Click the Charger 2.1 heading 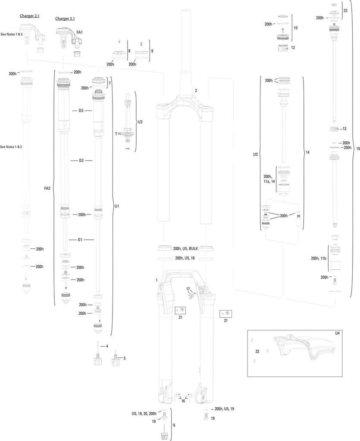[x=30, y=16]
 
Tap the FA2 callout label [x=47, y=188]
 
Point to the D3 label [x=81, y=111]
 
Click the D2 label [x=81, y=161]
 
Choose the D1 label [x=80, y=239]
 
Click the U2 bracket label [x=140, y=122]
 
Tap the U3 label [x=256, y=154]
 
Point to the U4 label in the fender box [x=338, y=333]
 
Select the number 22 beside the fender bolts [x=257, y=352]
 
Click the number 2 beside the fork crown [x=196, y=91]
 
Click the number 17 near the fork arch [x=188, y=289]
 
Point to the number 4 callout [x=107, y=346]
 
